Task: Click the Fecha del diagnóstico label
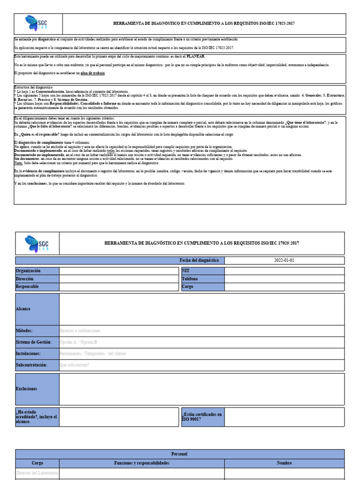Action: [199, 260]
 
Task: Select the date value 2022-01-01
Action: [285, 260]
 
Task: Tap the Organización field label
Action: [28, 271]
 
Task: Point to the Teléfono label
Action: [190, 279]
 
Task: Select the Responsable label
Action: [27, 286]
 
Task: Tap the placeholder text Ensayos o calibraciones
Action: [80, 331]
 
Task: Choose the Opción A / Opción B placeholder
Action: [79, 342]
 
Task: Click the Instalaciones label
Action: [28, 353]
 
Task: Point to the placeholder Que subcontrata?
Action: [75, 365]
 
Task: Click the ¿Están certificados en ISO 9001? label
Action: [202, 417]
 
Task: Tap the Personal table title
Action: [180, 454]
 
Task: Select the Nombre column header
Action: [284, 463]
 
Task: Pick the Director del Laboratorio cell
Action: [37, 473]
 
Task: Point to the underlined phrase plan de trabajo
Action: [93, 73]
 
